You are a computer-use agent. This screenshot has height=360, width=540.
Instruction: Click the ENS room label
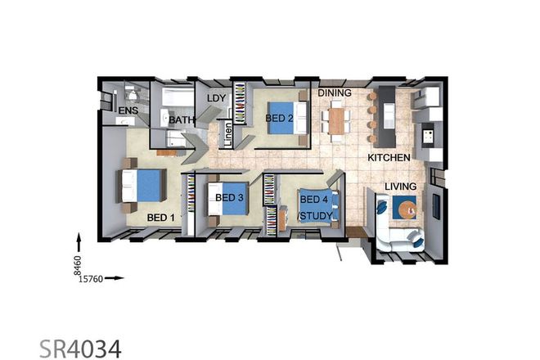[x=128, y=110]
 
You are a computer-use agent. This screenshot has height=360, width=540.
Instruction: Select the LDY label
[x=216, y=98]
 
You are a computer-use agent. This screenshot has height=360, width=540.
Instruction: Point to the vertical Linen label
[x=228, y=135]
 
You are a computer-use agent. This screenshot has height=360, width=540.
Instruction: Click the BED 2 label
[x=280, y=119]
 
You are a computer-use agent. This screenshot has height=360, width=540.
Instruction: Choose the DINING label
[x=335, y=92]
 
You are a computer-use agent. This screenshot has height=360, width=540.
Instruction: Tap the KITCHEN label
[x=388, y=156]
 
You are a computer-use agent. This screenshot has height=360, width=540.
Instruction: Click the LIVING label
[x=400, y=187]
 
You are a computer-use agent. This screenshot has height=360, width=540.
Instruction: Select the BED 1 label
[x=161, y=218]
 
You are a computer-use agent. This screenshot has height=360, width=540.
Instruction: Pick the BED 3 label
[x=229, y=197]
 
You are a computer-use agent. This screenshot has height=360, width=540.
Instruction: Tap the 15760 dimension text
[x=90, y=278]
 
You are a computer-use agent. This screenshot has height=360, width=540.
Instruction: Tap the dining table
[x=335, y=123]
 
